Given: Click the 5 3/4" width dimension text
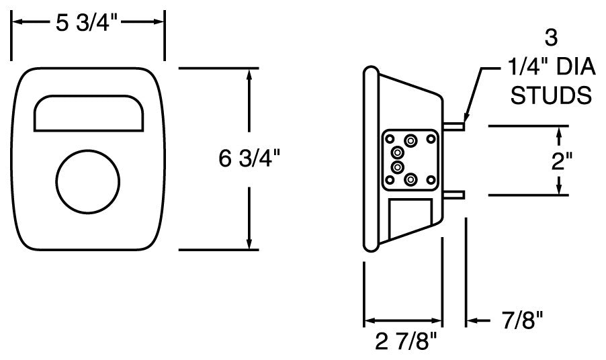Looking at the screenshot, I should click(x=87, y=22).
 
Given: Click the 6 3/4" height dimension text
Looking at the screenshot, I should click(x=250, y=159).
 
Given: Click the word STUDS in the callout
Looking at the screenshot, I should click(x=551, y=95).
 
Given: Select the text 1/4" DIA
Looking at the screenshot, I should click(x=548, y=67).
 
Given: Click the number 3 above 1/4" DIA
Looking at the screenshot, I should click(x=551, y=39).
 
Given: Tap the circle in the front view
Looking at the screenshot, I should click(x=89, y=182).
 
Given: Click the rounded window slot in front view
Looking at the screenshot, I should click(x=89, y=112).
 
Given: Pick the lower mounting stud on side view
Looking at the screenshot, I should click(x=454, y=195).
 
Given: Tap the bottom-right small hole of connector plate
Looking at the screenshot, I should click(x=431, y=181).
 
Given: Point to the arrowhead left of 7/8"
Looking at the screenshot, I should click(x=472, y=320).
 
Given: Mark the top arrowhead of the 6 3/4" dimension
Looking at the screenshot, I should click(x=250, y=74).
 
